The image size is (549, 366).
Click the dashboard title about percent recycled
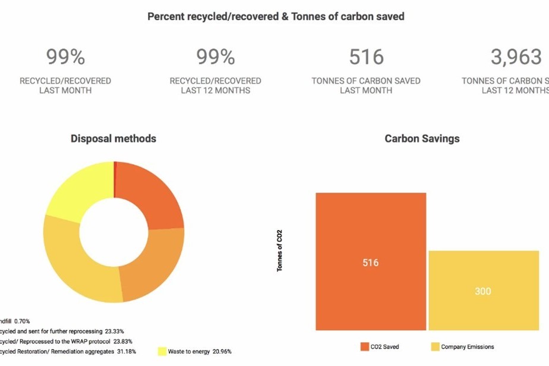pyautogui.click(x=276, y=17)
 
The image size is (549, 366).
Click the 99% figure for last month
pyautogui.click(x=65, y=57)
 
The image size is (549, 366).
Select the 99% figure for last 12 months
pyautogui.click(x=216, y=57)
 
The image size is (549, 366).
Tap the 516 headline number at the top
pyautogui.click(x=366, y=57)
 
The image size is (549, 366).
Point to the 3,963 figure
pyautogui.click(x=516, y=57)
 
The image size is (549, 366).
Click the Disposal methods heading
pyautogui.click(x=113, y=138)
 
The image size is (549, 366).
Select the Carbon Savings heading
pyautogui.click(x=422, y=138)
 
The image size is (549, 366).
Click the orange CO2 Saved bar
pyautogui.click(x=371, y=238)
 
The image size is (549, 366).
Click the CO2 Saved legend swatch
pyautogui.click(x=365, y=346)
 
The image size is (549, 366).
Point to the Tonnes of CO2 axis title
pyautogui.click(x=279, y=250)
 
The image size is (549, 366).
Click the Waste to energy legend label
pyautogui.click(x=189, y=351)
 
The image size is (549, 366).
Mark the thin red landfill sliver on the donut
pyautogui.click(x=114, y=179)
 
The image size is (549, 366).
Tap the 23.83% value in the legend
pyautogui.click(x=121, y=341)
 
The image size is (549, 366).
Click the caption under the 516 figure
pyautogui.click(x=366, y=86)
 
